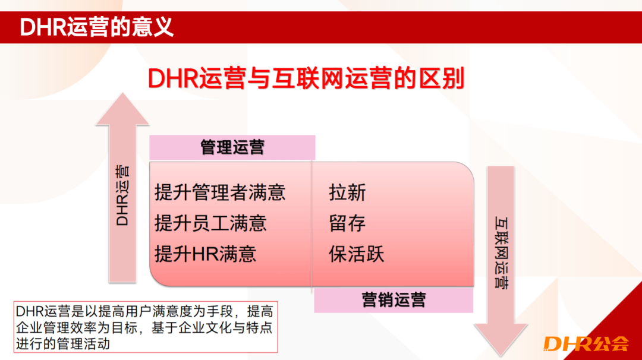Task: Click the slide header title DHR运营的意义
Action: point(97,27)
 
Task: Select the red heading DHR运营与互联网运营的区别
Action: point(306,78)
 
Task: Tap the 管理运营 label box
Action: point(232,147)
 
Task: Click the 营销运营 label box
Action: point(394,300)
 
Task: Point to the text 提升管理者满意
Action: point(220,192)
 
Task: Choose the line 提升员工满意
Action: point(210,223)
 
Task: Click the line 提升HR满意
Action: point(205,254)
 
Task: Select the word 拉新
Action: point(347,192)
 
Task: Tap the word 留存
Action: point(347,223)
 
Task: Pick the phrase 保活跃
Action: point(357,254)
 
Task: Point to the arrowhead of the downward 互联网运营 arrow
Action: point(501,340)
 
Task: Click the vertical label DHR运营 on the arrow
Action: point(122,195)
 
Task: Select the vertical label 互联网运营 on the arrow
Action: point(501,252)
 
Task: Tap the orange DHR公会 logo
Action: point(586,343)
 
